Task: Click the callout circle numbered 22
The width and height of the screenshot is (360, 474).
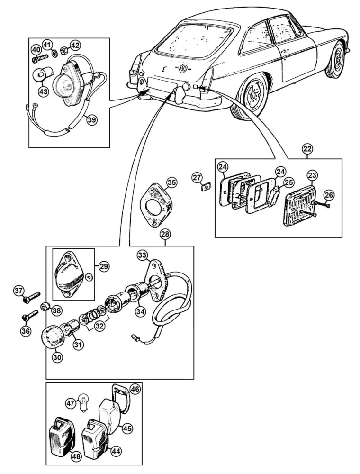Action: tap(307, 149)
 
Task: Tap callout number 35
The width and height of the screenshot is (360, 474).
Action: tap(172, 182)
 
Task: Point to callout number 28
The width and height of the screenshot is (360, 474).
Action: tap(166, 234)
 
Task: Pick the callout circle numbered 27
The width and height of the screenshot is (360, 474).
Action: tap(197, 178)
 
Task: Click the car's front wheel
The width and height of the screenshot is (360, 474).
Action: tap(335, 60)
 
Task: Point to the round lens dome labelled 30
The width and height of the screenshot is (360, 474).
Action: tap(53, 337)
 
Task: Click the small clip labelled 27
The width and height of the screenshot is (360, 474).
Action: tap(206, 188)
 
